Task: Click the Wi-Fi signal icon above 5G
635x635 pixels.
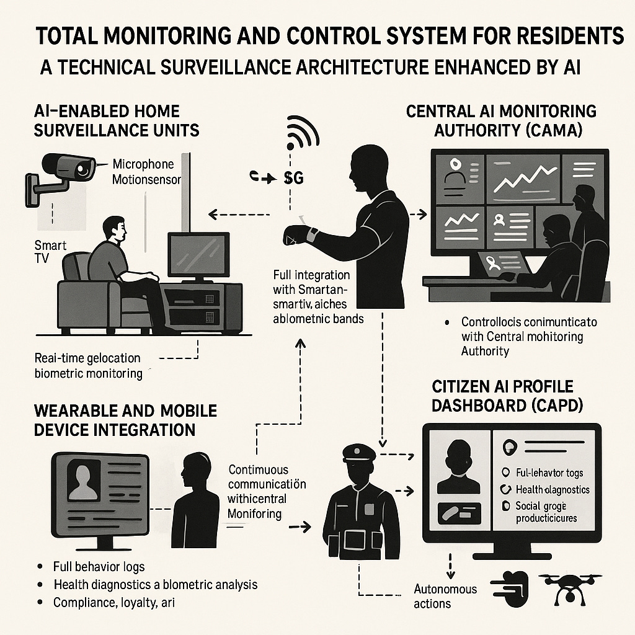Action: [302, 131]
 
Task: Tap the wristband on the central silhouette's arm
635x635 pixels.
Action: [314, 236]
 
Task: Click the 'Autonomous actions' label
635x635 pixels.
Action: [445, 595]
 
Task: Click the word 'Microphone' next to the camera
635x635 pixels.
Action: [143, 165]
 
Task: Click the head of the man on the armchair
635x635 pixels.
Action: [115, 229]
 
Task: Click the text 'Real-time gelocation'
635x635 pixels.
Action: [87, 358]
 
